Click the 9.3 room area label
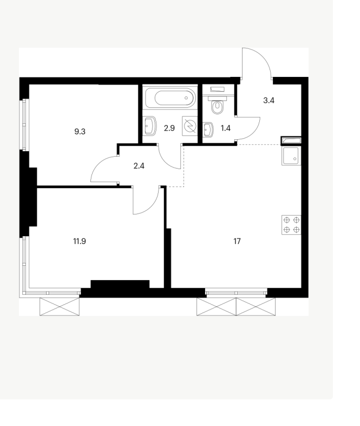80,132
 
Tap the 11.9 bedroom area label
80,241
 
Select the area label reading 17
237,241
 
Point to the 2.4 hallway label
139,166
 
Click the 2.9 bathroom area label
169,128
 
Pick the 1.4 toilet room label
225,128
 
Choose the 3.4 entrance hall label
269,100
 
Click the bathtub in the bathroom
171,98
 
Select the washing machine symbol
189,126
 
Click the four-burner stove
291,225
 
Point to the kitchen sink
291,156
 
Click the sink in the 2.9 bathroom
150,126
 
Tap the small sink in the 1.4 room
208,130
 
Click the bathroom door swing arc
166,162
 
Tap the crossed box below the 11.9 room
60,306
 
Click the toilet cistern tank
218,89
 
